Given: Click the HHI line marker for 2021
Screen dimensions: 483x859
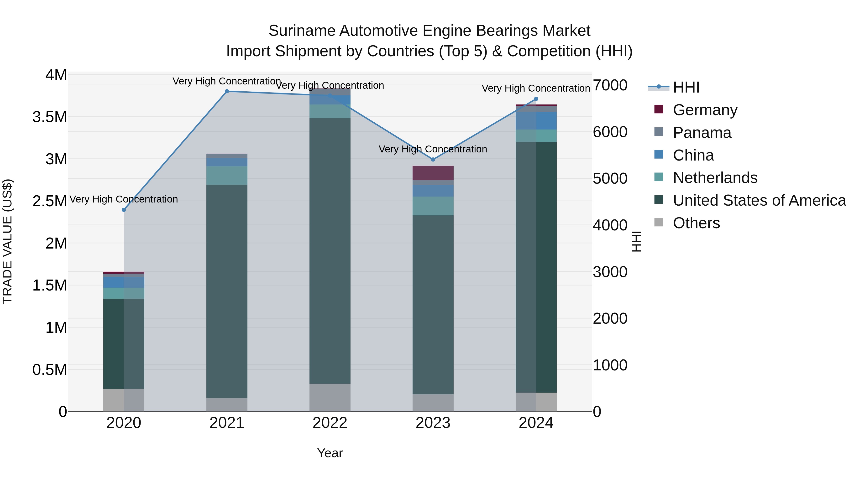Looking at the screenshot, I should coord(227,91).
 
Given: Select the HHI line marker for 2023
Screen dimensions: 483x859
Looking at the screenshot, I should coord(433,160).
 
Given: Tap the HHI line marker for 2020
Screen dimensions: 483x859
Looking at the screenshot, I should coord(124,210).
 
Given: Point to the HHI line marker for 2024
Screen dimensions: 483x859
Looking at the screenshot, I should coord(536,99).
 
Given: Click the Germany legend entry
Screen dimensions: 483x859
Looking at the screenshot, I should coord(705,110).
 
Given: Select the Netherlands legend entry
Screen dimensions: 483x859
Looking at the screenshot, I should coord(715,178).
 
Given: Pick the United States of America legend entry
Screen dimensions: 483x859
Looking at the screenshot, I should coord(759,200).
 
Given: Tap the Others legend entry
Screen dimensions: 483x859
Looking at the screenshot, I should coord(696,223).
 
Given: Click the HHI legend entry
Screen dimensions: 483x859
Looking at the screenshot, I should coord(686,87).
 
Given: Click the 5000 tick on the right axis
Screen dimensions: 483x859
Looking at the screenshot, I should coord(610,179).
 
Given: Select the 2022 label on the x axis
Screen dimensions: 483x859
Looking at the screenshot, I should coord(330,423).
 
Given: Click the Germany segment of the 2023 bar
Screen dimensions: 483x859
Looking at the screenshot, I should coord(433,173).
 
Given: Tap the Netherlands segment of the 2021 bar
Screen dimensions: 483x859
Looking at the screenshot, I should coord(227,175).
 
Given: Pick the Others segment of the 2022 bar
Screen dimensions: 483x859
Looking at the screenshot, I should coord(330,397).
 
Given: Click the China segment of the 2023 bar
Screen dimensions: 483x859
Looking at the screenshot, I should coord(433,191).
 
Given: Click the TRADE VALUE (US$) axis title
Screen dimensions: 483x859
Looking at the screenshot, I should coord(7,241).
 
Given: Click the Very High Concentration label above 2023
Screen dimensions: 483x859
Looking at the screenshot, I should coord(433,149).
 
